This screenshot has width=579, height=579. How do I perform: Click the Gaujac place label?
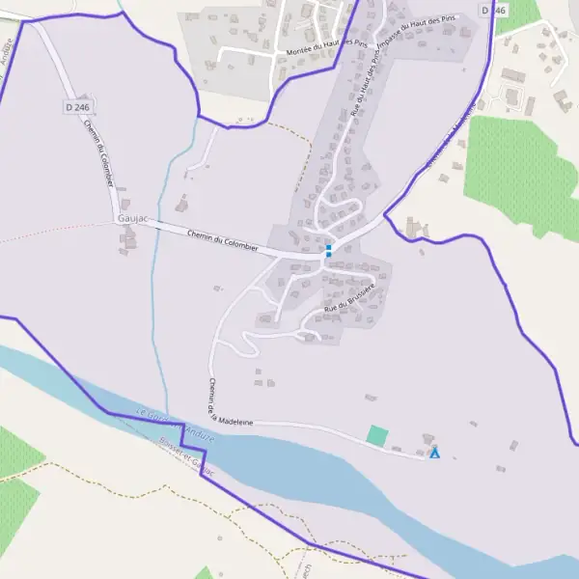(128, 219)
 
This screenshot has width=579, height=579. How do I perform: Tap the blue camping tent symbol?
(435, 452)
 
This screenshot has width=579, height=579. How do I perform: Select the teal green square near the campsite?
(377, 436)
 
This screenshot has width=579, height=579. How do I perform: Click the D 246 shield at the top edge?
(493, 9)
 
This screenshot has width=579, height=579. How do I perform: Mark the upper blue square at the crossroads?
(328, 247)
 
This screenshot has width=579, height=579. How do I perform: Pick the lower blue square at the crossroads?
(328, 255)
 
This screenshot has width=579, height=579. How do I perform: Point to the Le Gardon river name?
(153, 416)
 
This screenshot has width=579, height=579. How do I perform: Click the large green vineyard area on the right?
(521, 174)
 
